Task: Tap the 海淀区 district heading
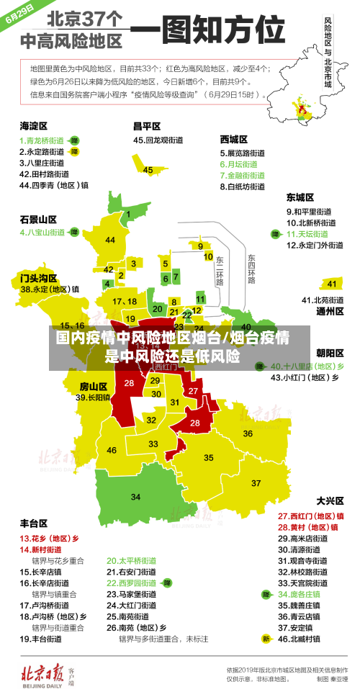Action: (x=33, y=126)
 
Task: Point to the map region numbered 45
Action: (x=148, y=170)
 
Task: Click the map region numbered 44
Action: (x=110, y=240)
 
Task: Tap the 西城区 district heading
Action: (x=233, y=139)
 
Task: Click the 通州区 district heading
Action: (x=330, y=312)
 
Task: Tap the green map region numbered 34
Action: (x=135, y=496)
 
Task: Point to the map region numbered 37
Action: (x=256, y=482)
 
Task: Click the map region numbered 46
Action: (x=112, y=450)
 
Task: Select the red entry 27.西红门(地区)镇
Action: (x=310, y=516)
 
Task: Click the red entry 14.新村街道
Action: (x=40, y=549)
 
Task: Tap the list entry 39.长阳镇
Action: (x=94, y=397)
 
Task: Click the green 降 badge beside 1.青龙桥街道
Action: (x=74, y=140)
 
